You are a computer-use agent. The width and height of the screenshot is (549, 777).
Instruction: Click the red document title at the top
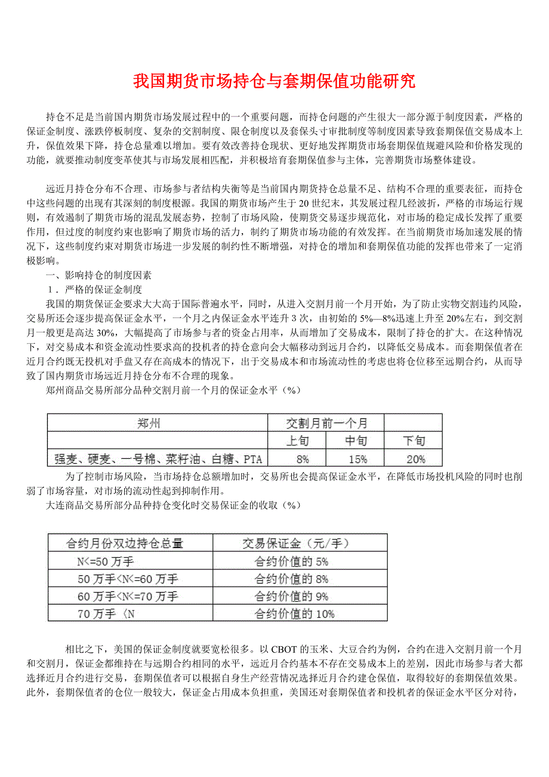tap(274, 81)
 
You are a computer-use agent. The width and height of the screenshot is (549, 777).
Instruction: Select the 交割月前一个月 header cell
tap(326, 424)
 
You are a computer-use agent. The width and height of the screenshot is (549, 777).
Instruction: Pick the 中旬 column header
tap(356, 441)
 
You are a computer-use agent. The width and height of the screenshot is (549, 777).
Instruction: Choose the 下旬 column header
tap(414, 441)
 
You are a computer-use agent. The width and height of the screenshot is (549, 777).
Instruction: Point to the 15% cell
tap(356, 459)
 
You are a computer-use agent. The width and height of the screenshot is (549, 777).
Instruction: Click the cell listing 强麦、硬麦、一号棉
tap(158, 459)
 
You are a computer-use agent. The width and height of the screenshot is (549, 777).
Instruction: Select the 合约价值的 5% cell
tap(291, 561)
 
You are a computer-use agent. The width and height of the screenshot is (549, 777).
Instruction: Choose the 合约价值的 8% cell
tap(291, 579)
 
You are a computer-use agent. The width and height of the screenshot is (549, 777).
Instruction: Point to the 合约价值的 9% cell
tap(291, 596)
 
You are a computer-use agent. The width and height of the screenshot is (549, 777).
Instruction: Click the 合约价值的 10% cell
tap(294, 613)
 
